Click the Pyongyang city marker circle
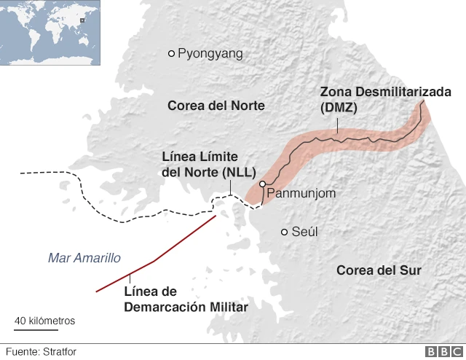coord(172,53)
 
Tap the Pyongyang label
coord(210,53)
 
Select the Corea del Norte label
coord(216,106)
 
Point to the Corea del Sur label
coord(379,270)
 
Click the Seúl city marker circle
coord(285,232)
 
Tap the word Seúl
coord(305,232)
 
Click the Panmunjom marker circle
coord(262,185)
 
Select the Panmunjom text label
coord(301,193)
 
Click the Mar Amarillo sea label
coord(84,258)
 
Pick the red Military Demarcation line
coord(154,260)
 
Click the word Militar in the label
coord(228,307)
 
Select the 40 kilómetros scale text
coord(45,320)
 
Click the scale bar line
coord(44,329)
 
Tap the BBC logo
coord(441,351)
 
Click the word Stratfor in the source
coord(60,351)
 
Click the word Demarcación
coord(166,307)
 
